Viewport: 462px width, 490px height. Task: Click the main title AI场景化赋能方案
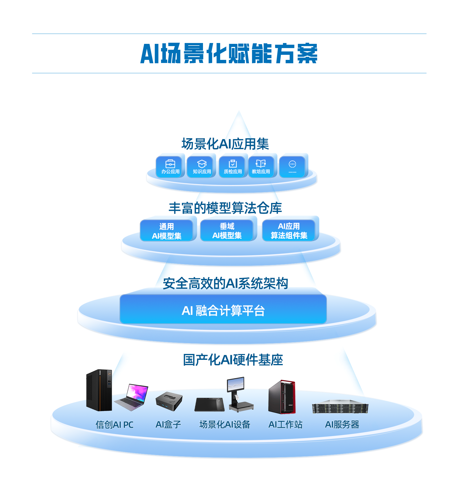coord(229,53)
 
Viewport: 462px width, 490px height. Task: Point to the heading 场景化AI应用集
coord(225,144)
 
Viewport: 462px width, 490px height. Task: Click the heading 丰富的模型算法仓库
coord(225,208)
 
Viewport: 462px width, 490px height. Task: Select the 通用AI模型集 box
coord(167,231)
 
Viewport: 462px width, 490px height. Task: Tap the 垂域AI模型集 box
coord(227,231)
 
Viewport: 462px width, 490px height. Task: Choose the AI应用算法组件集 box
coord(289,231)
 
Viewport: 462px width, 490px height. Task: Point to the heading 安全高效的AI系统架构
coord(225,283)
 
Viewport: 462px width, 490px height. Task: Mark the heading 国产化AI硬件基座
coord(233,360)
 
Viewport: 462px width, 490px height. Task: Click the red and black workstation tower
coord(282,397)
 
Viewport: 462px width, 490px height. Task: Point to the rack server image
coord(340,407)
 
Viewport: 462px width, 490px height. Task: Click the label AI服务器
coord(342,424)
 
